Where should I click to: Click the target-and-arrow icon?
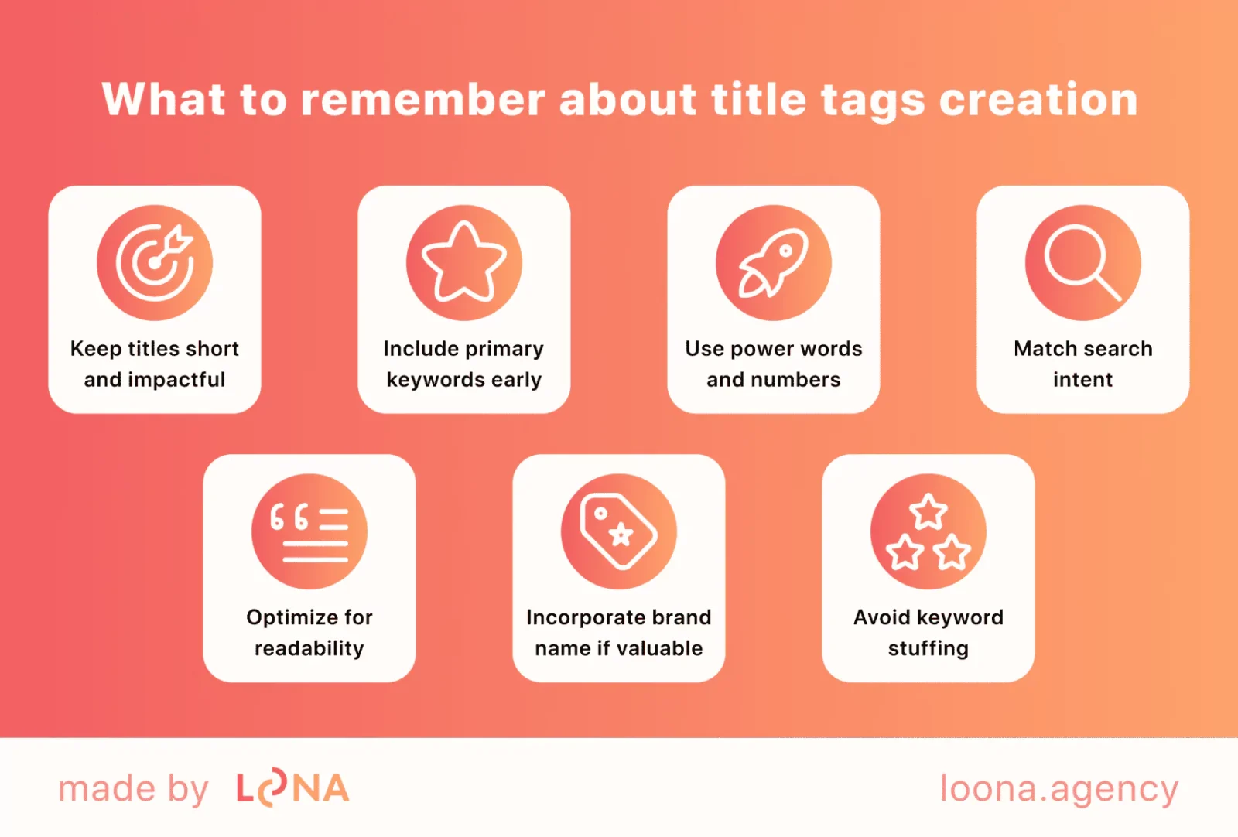(155, 262)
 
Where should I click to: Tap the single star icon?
(464, 262)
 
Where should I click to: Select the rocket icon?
(774, 262)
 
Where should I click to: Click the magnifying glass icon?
(1083, 262)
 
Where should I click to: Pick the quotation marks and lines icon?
(309, 531)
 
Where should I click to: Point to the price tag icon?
(619, 531)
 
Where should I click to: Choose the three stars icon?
(929, 531)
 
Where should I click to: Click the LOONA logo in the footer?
(292, 789)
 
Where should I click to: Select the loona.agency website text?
(1058, 789)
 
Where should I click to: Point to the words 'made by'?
(133, 789)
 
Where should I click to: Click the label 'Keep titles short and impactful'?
(155, 364)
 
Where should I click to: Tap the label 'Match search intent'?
(1083, 364)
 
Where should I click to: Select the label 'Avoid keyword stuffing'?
(929, 632)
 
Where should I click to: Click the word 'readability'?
(309, 648)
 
